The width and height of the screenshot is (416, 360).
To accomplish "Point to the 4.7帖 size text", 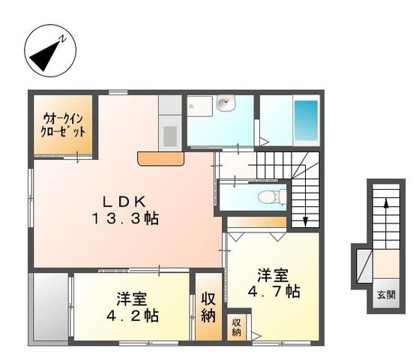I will (274, 291).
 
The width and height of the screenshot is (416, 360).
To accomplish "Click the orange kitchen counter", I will (161, 159).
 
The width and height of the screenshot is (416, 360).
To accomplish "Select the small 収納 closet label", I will (237, 326).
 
